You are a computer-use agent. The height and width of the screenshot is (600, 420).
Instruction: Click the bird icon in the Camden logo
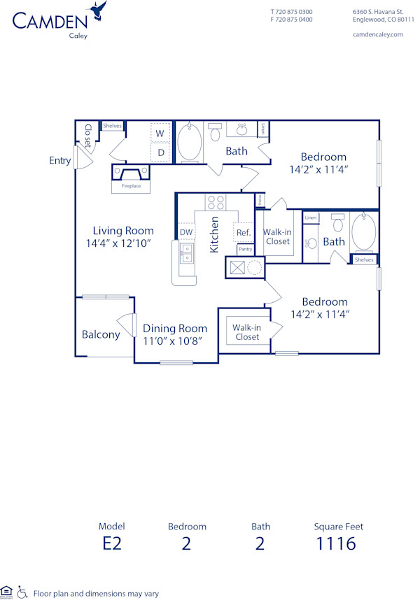point(99,10)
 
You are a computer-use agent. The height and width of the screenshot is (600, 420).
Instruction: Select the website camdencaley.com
point(378,34)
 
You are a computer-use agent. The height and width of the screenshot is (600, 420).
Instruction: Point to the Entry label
point(60,161)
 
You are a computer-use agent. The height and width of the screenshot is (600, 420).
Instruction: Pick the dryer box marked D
point(160,152)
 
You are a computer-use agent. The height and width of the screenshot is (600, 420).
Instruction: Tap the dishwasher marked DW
point(186,232)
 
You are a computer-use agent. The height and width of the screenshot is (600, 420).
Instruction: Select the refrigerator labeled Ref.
point(243,232)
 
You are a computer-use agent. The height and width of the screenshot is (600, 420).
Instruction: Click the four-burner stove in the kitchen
point(216,202)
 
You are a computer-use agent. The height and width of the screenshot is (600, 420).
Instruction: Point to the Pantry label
point(245,249)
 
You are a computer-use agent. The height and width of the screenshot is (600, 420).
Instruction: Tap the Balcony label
point(100,334)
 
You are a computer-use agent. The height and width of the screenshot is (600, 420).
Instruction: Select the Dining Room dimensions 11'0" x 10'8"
point(175,341)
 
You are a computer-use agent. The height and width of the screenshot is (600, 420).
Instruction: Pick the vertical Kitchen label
point(215,235)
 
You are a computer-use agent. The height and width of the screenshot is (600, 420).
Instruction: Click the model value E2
point(111,543)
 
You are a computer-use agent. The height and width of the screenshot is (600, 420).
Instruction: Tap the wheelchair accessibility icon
point(22,592)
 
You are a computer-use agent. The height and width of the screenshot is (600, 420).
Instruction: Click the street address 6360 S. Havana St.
point(378,12)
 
